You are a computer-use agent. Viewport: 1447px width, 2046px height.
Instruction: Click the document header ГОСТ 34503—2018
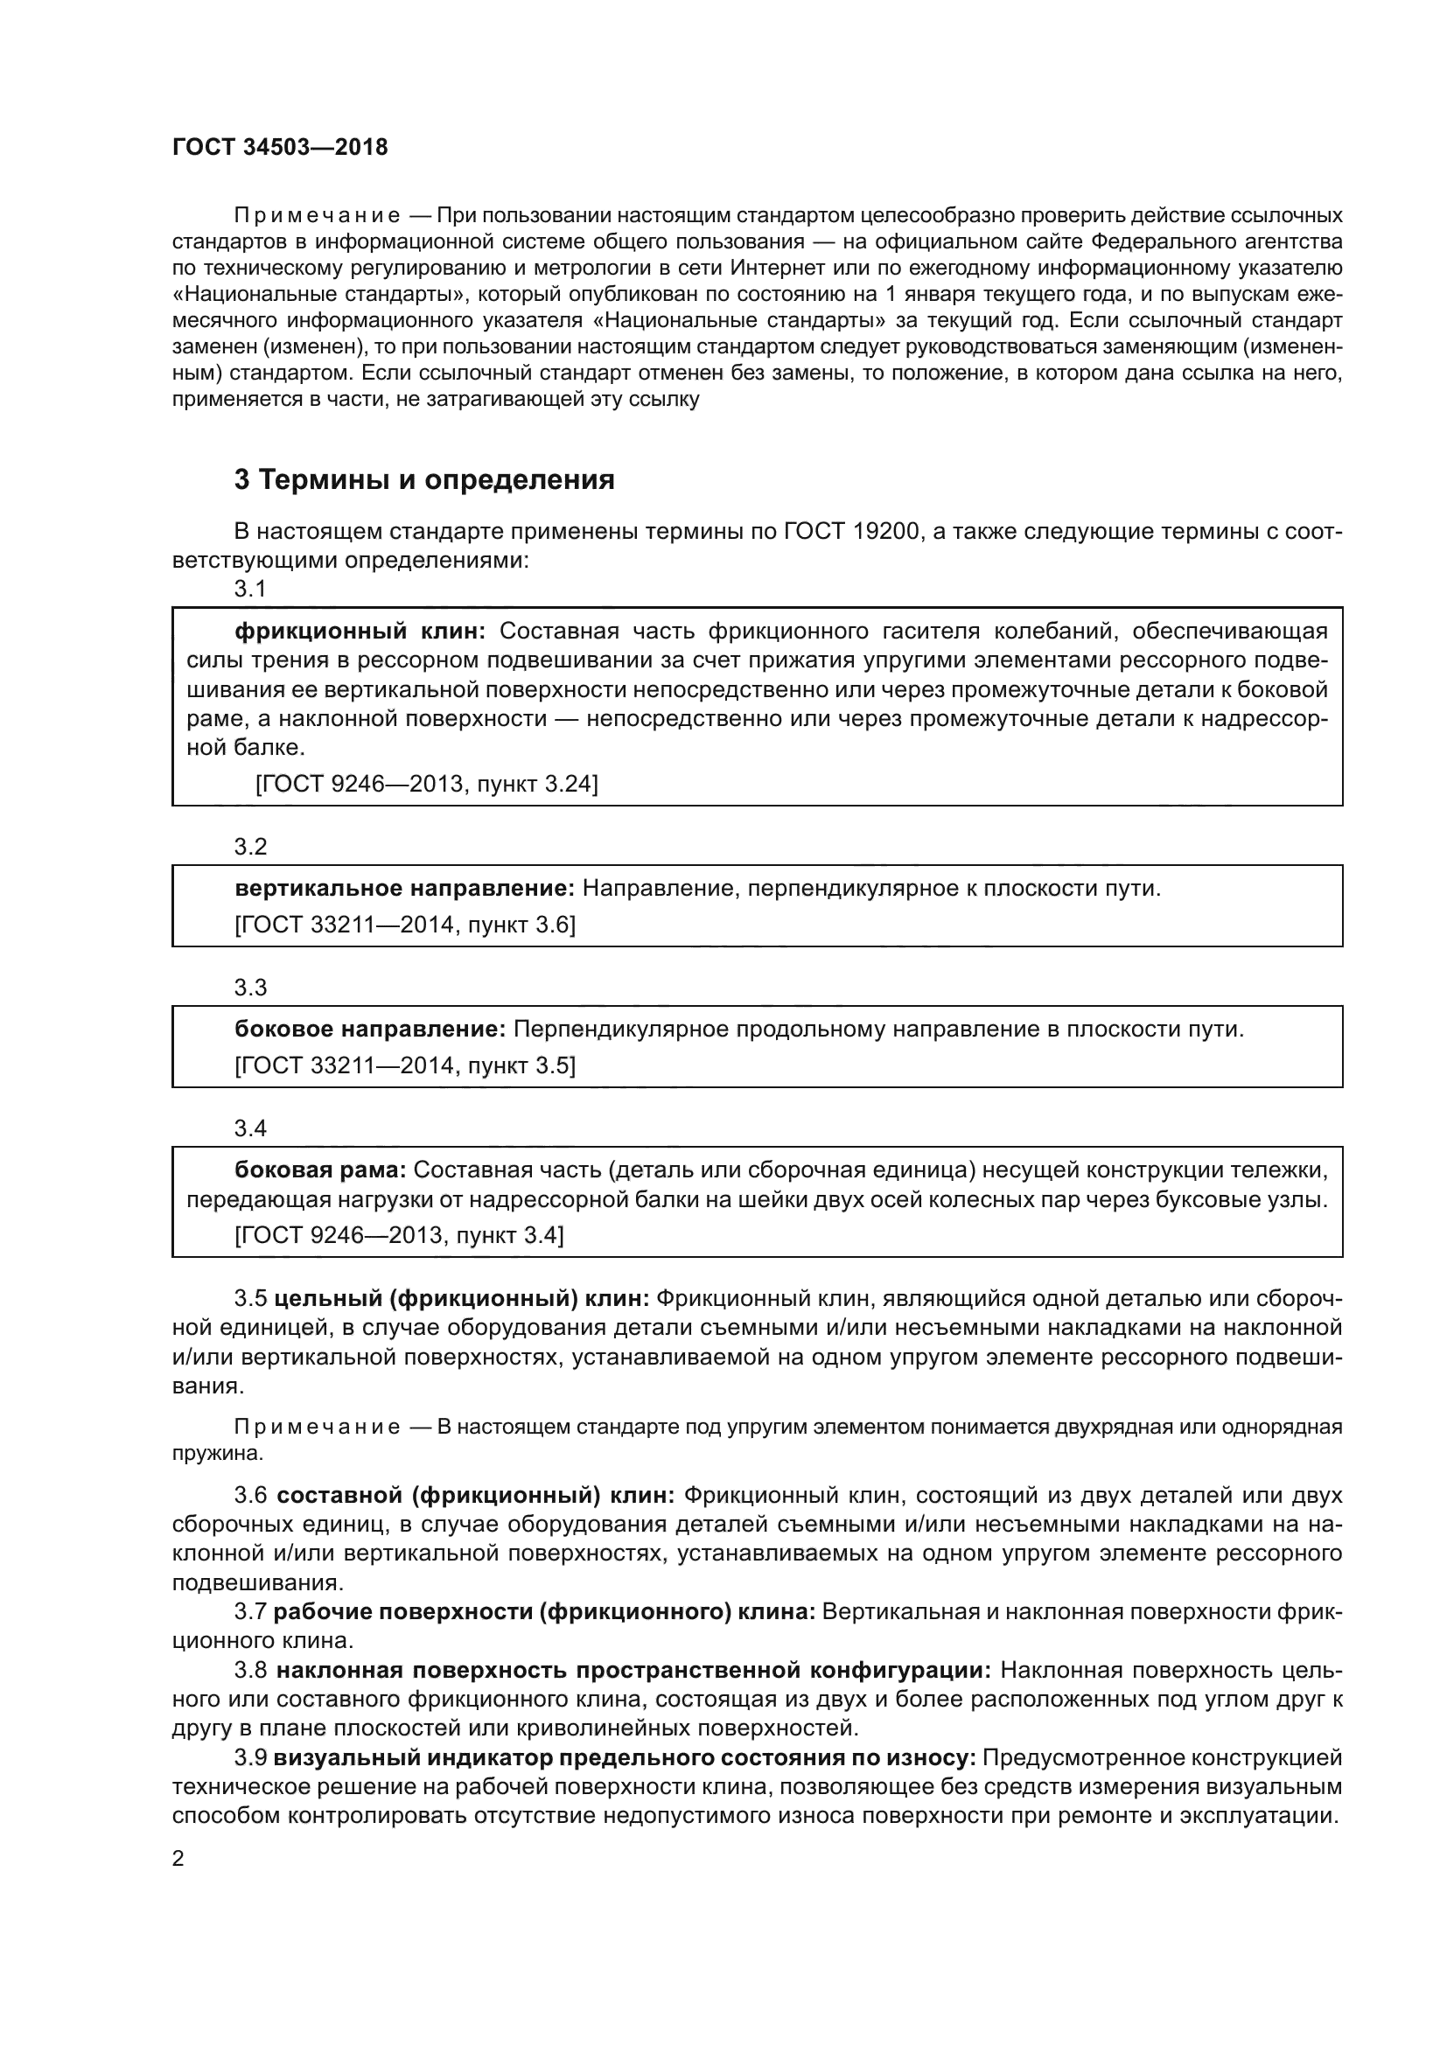tap(280, 147)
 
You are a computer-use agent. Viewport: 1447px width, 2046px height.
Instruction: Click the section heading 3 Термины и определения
tap(424, 479)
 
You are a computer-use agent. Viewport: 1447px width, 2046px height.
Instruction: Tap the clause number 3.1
tap(250, 588)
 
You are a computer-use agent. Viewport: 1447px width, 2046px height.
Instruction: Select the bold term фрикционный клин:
tap(359, 631)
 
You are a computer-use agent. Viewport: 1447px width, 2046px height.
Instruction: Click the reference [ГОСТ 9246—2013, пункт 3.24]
tap(427, 783)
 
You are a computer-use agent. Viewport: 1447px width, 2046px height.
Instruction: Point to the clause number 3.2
tap(250, 846)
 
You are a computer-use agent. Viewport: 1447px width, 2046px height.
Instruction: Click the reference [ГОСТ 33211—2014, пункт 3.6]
tap(404, 925)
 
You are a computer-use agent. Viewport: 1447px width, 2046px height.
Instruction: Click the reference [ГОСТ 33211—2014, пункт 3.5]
tap(404, 1065)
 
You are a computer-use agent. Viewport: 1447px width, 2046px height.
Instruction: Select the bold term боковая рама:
tap(320, 1170)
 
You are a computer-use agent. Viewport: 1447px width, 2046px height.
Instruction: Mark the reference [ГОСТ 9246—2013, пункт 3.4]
tap(398, 1234)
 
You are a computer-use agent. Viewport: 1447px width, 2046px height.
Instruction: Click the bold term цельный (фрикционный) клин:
tap(462, 1298)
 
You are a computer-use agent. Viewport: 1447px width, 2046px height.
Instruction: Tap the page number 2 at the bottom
tap(178, 1858)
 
